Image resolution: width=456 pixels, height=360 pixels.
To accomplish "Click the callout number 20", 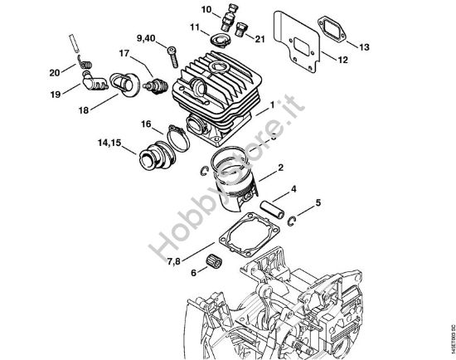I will click(x=54, y=72).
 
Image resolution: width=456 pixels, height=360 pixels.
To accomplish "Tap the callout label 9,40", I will click(x=146, y=38).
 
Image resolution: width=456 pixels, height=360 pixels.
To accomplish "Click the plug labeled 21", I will click(x=242, y=32).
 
